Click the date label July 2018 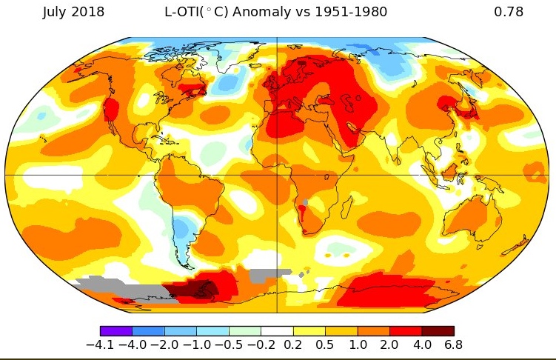[73, 12]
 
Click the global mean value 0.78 [508, 12]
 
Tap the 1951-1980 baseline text [351, 12]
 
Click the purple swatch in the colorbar [116, 331]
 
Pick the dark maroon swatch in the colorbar [438, 331]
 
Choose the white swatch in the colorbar [278, 331]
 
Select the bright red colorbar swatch [406, 331]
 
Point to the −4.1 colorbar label [101, 344]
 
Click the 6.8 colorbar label [454, 344]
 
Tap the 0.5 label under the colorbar [325, 344]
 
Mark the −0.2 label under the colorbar [261, 344]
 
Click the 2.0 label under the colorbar [389, 344]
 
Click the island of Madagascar [346, 207]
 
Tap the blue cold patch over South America [183, 228]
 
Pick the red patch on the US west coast [111, 108]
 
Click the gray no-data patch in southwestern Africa [304, 203]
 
